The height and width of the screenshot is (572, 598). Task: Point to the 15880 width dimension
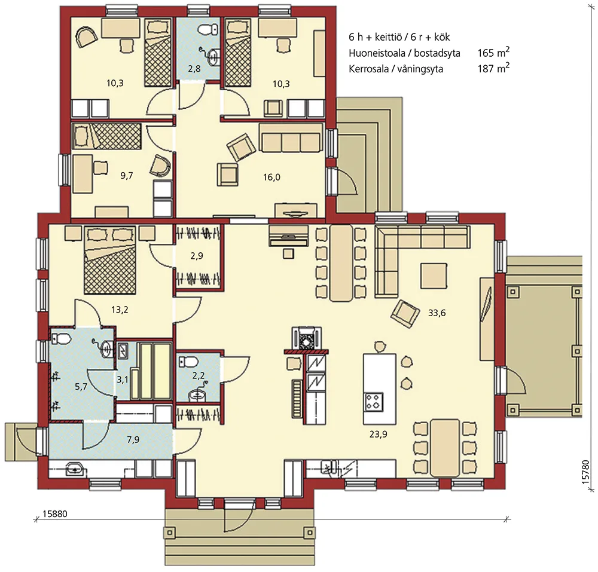(57, 513)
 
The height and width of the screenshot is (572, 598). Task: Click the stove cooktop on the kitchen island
(374, 400)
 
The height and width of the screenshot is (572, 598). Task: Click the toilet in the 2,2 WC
(188, 362)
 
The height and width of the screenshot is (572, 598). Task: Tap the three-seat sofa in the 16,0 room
(291, 142)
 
